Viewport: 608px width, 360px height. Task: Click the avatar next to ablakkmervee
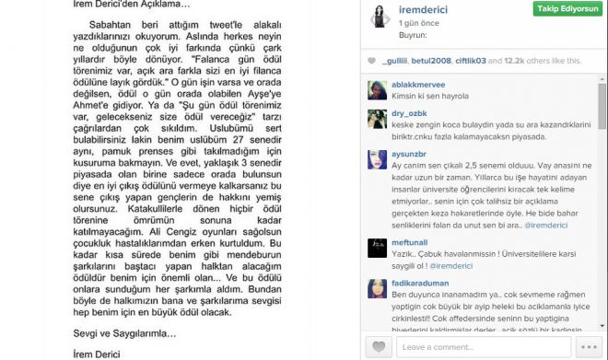click(379, 90)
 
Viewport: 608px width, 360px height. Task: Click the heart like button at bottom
click(378, 347)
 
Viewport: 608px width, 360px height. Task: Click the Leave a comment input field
click(479, 347)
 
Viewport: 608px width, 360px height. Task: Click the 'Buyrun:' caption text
click(411, 35)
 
